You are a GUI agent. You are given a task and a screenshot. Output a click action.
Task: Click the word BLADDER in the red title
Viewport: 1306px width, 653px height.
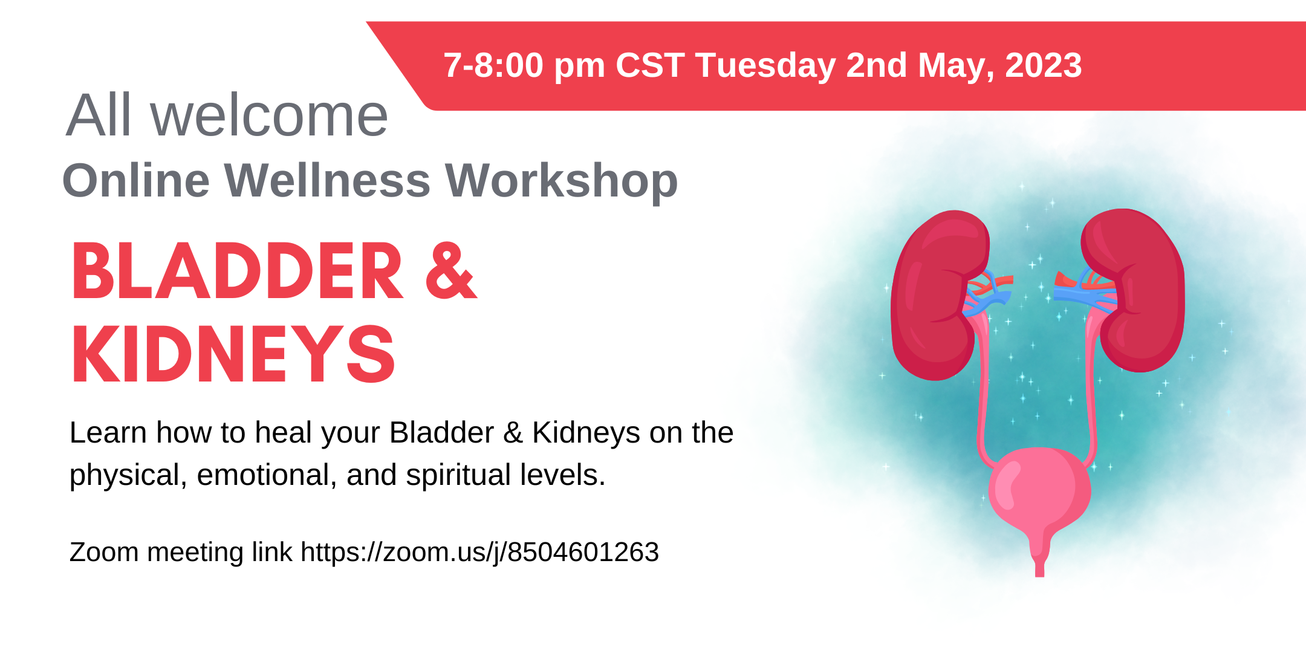coord(237,271)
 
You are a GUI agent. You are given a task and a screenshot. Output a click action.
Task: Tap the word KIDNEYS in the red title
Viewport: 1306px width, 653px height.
coord(233,354)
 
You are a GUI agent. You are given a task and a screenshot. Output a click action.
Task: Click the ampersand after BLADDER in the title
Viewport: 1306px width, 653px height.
coord(452,271)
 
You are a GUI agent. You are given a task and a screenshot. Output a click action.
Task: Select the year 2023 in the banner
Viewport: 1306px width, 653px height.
coord(1043,65)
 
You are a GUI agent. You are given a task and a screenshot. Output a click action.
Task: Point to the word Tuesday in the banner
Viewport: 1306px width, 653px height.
coord(765,65)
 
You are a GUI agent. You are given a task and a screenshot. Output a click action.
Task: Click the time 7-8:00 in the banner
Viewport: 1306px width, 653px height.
coord(493,65)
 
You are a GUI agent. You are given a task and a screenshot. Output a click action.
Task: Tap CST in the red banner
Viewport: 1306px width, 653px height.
coord(650,65)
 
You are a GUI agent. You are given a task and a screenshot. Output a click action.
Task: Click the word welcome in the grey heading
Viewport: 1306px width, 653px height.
coord(269,115)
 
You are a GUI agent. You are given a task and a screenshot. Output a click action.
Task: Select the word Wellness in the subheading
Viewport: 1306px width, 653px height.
coord(327,180)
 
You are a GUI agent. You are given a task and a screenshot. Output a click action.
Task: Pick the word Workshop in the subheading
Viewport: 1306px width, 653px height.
coord(562,181)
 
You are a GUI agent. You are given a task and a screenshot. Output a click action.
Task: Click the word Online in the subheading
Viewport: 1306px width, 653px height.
coord(136,180)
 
